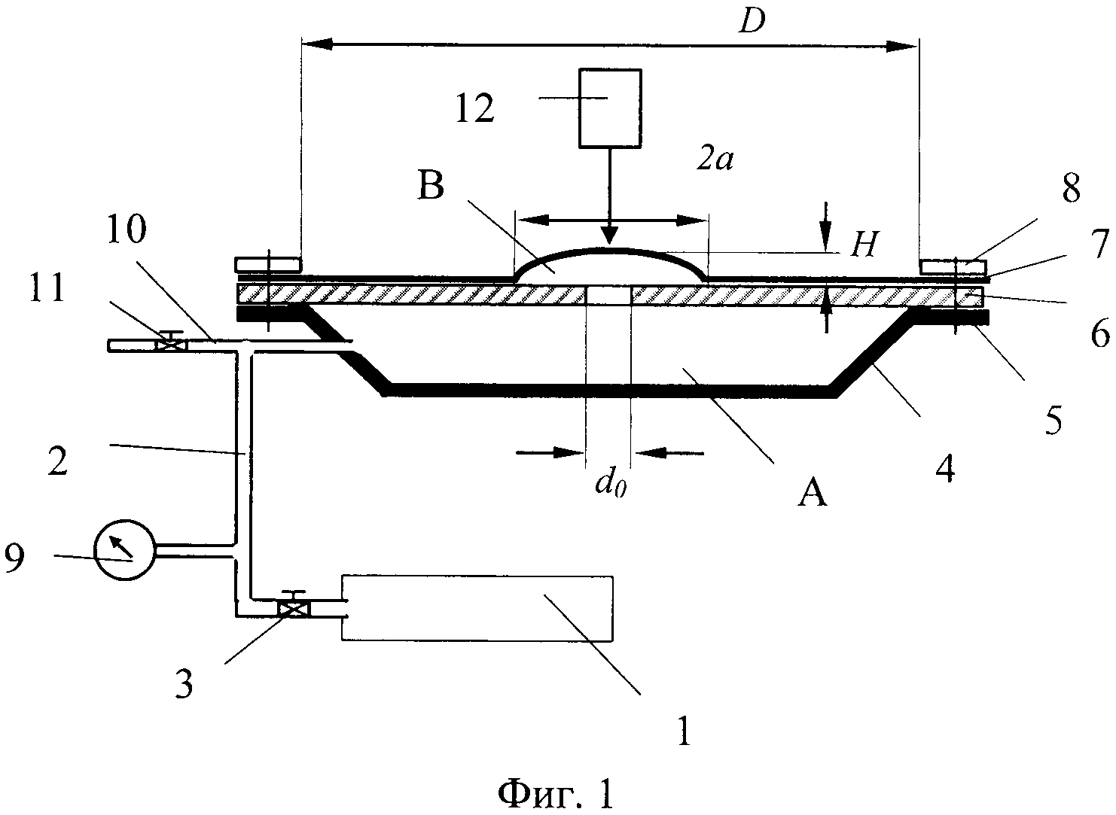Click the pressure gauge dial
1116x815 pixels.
(124, 549)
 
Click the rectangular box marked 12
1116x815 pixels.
(610, 108)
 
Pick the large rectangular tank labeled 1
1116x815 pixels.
(477, 608)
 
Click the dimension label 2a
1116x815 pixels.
(715, 160)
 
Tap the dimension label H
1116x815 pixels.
(862, 245)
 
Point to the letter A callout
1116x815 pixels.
(812, 494)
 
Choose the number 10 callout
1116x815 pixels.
(127, 230)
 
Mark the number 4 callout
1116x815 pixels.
(945, 469)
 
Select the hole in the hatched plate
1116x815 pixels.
(608, 295)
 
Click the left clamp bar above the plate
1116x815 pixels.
(268, 264)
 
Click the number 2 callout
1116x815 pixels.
(58, 461)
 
